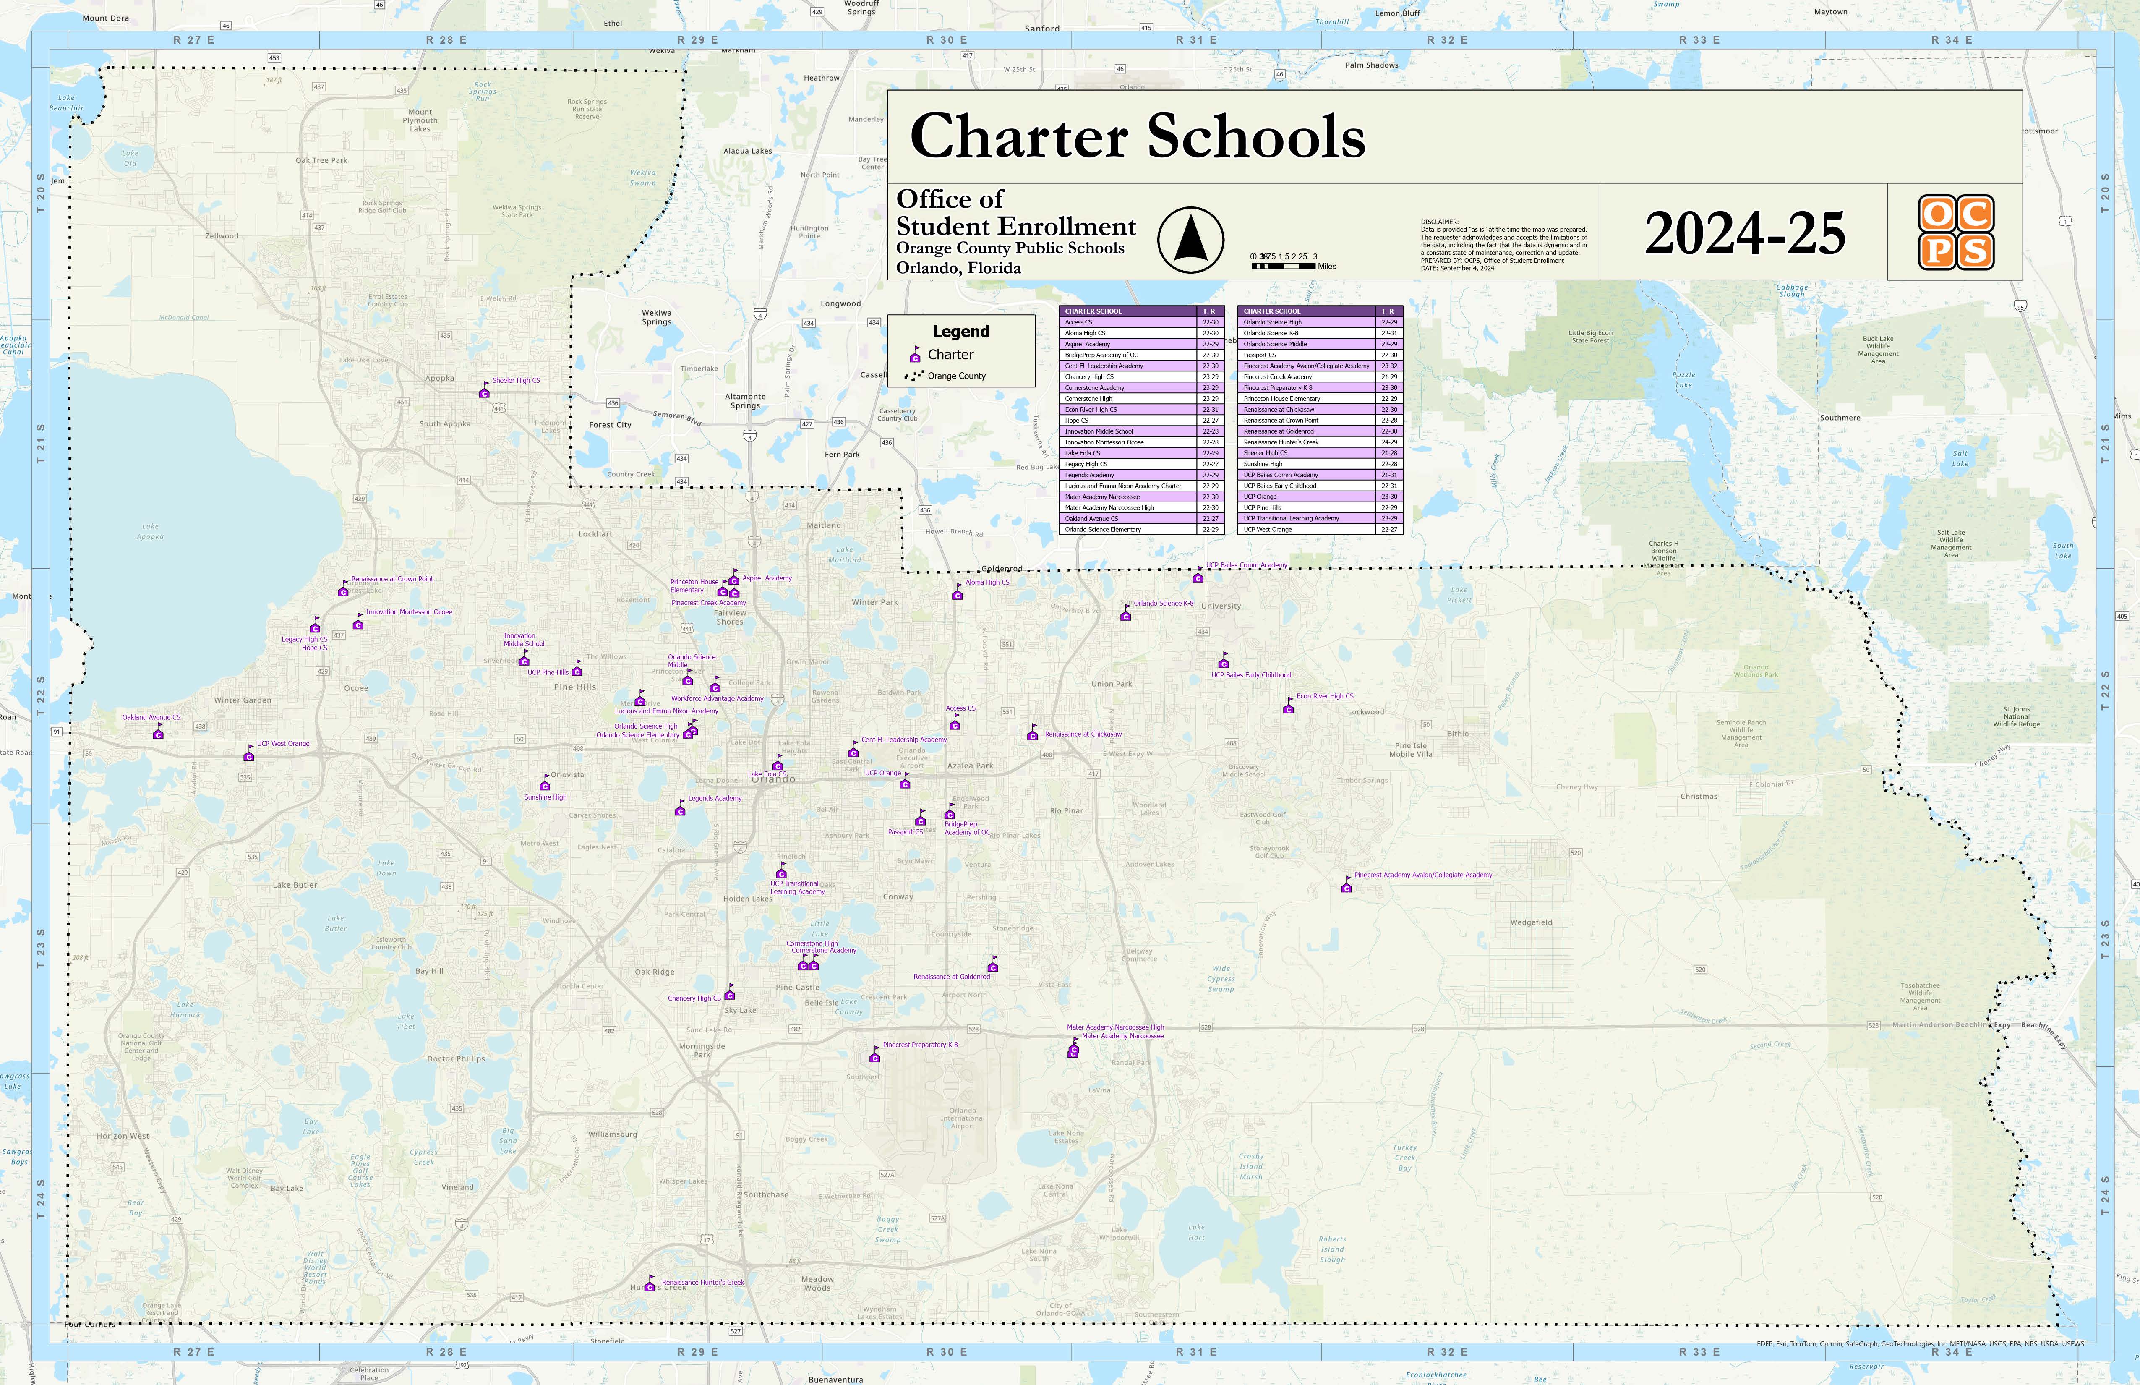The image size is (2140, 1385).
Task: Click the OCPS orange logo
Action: click(x=1956, y=232)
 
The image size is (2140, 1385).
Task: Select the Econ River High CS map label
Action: click(x=1324, y=696)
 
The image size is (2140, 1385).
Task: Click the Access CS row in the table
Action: click(x=1130, y=322)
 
